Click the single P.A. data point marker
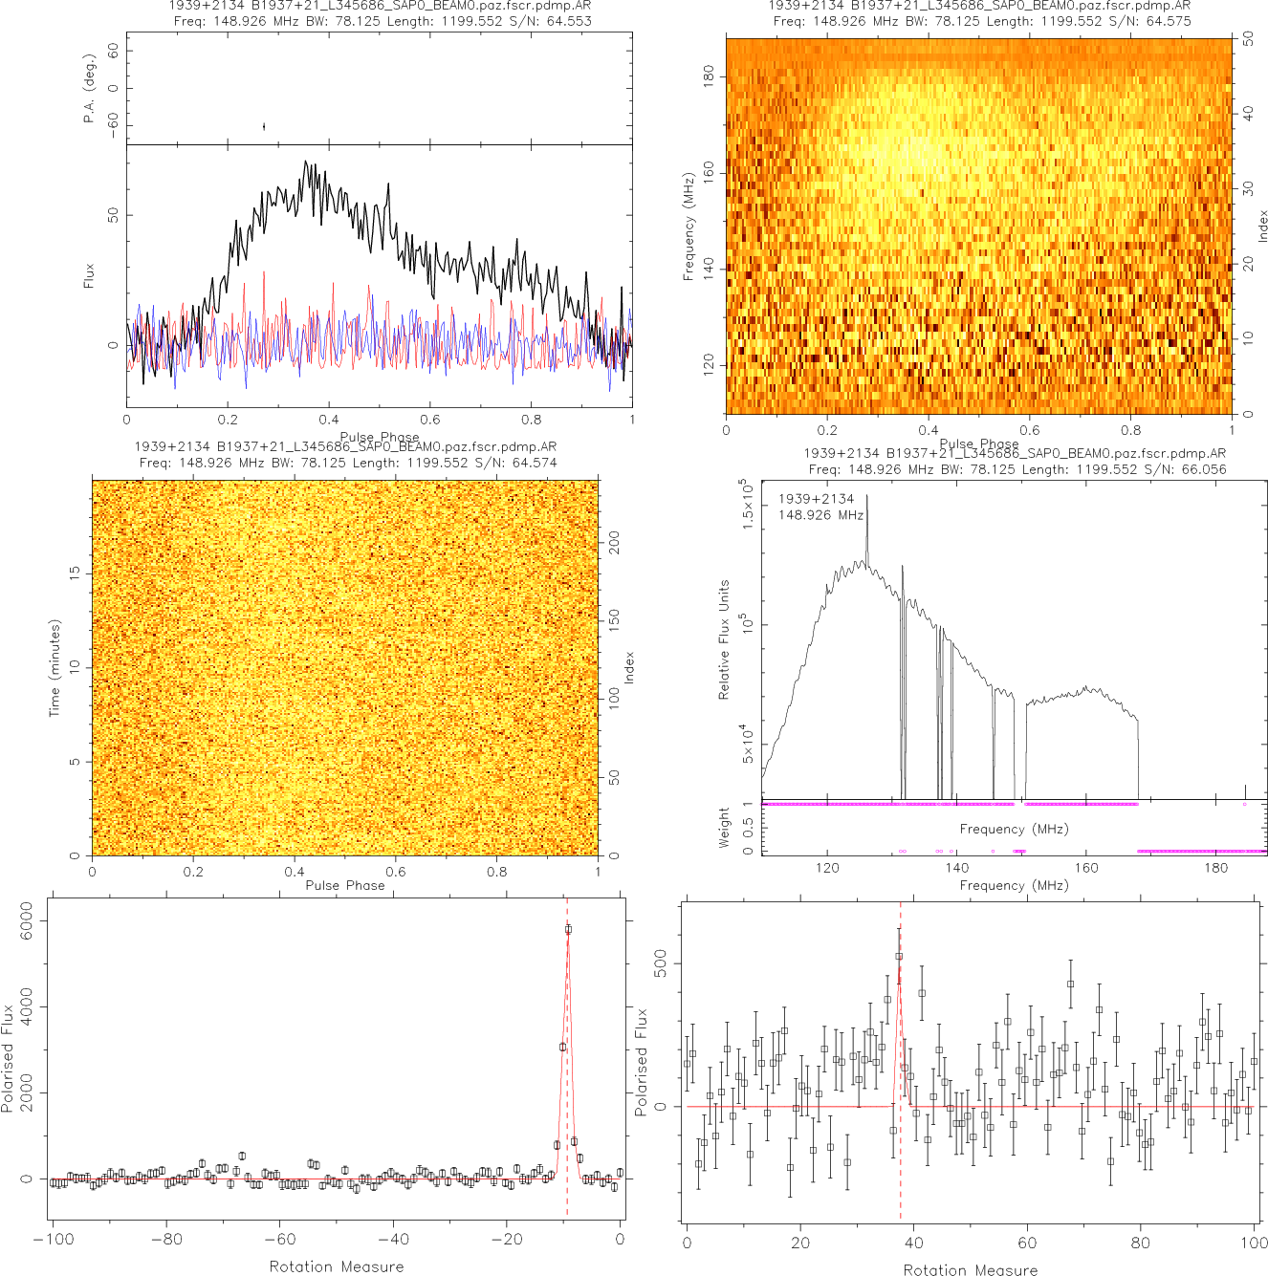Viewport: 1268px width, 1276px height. point(264,126)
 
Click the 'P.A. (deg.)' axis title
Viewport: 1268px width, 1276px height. point(89,88)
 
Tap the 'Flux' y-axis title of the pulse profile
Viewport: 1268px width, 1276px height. point(89,276)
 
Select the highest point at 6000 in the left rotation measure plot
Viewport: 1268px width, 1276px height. point(568,929)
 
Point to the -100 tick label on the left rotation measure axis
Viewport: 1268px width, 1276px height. point(53,1240)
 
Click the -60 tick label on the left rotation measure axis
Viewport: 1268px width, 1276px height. point(279,1240)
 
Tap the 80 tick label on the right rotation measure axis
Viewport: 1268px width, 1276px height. point(1141,1243)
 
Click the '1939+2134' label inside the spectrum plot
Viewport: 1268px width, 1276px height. point(816,499)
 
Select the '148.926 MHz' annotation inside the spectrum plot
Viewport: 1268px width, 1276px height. point(820,515)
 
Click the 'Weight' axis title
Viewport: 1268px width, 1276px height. point(724,828)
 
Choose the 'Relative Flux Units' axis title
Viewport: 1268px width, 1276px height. point(724,639)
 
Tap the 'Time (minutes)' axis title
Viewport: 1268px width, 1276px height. point(55,667)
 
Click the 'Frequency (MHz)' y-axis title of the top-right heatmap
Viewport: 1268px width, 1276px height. point(688,227)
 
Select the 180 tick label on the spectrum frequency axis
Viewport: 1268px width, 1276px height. point(1215,868)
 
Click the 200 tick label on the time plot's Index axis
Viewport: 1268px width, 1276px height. point(615,543)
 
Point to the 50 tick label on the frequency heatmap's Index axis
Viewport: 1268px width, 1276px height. point(1249,40)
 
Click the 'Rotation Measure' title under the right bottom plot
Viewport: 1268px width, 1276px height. point(971,1269)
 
